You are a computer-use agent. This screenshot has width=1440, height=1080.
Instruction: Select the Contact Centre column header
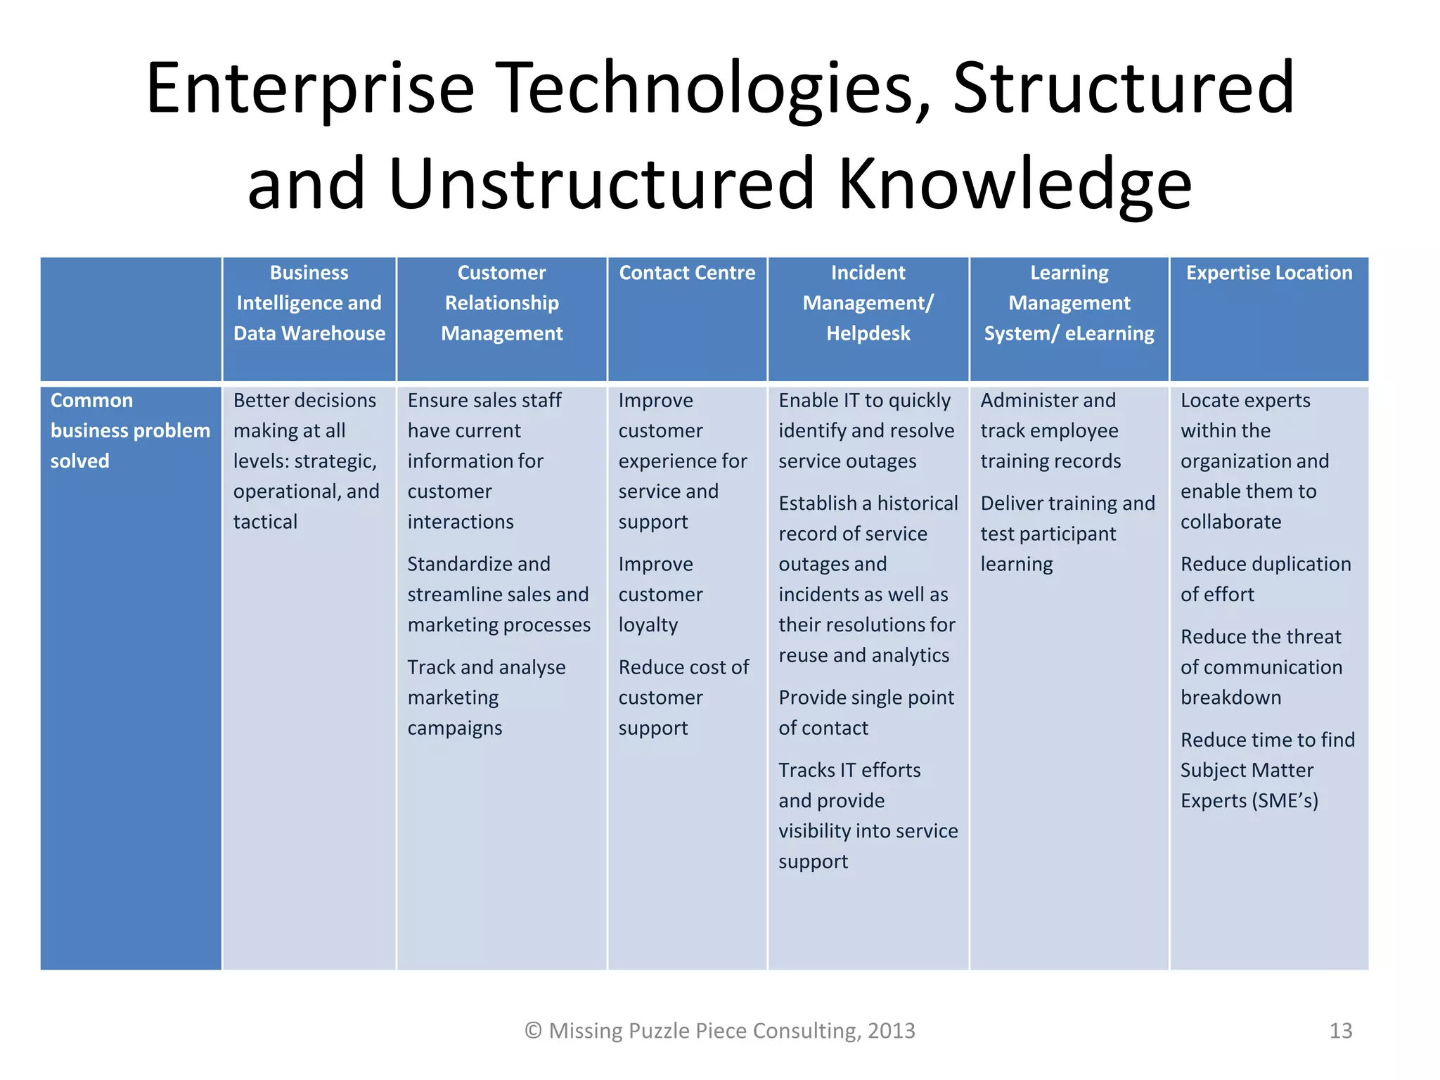pos(687,273)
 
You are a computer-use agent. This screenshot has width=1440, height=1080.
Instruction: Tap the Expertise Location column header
pos(1268,273)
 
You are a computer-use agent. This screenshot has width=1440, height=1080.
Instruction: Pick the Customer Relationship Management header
pos(501,303)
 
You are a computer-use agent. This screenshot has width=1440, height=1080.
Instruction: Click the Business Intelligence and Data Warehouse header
pos(309,303)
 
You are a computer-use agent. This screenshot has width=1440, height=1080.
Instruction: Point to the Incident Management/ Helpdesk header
pos(868,303)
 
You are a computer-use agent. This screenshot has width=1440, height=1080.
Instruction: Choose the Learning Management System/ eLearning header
pos(1069,303)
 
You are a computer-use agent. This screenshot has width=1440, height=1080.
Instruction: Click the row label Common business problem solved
pos(130,430)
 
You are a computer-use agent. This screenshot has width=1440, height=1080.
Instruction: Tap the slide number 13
pos(1340,1031)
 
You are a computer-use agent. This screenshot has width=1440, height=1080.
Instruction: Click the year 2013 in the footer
pos(891,1031)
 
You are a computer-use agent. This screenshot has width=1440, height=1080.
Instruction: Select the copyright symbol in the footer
pos(533,1031)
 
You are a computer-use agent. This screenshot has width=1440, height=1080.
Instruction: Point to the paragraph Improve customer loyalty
pos(660,594)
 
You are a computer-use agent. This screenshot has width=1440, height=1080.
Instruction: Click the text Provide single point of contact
pos(866,712)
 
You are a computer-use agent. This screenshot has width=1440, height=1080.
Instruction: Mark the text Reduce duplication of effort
pos(1265,579)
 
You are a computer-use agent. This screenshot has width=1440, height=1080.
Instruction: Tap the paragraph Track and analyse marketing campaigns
pos(486,697)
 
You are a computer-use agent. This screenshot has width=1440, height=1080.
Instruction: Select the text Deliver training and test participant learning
pos(1067,534)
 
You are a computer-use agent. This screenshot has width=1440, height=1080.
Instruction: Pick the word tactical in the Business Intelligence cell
pos(265,522)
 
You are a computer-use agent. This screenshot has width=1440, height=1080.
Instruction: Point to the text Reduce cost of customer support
pos(683,697)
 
